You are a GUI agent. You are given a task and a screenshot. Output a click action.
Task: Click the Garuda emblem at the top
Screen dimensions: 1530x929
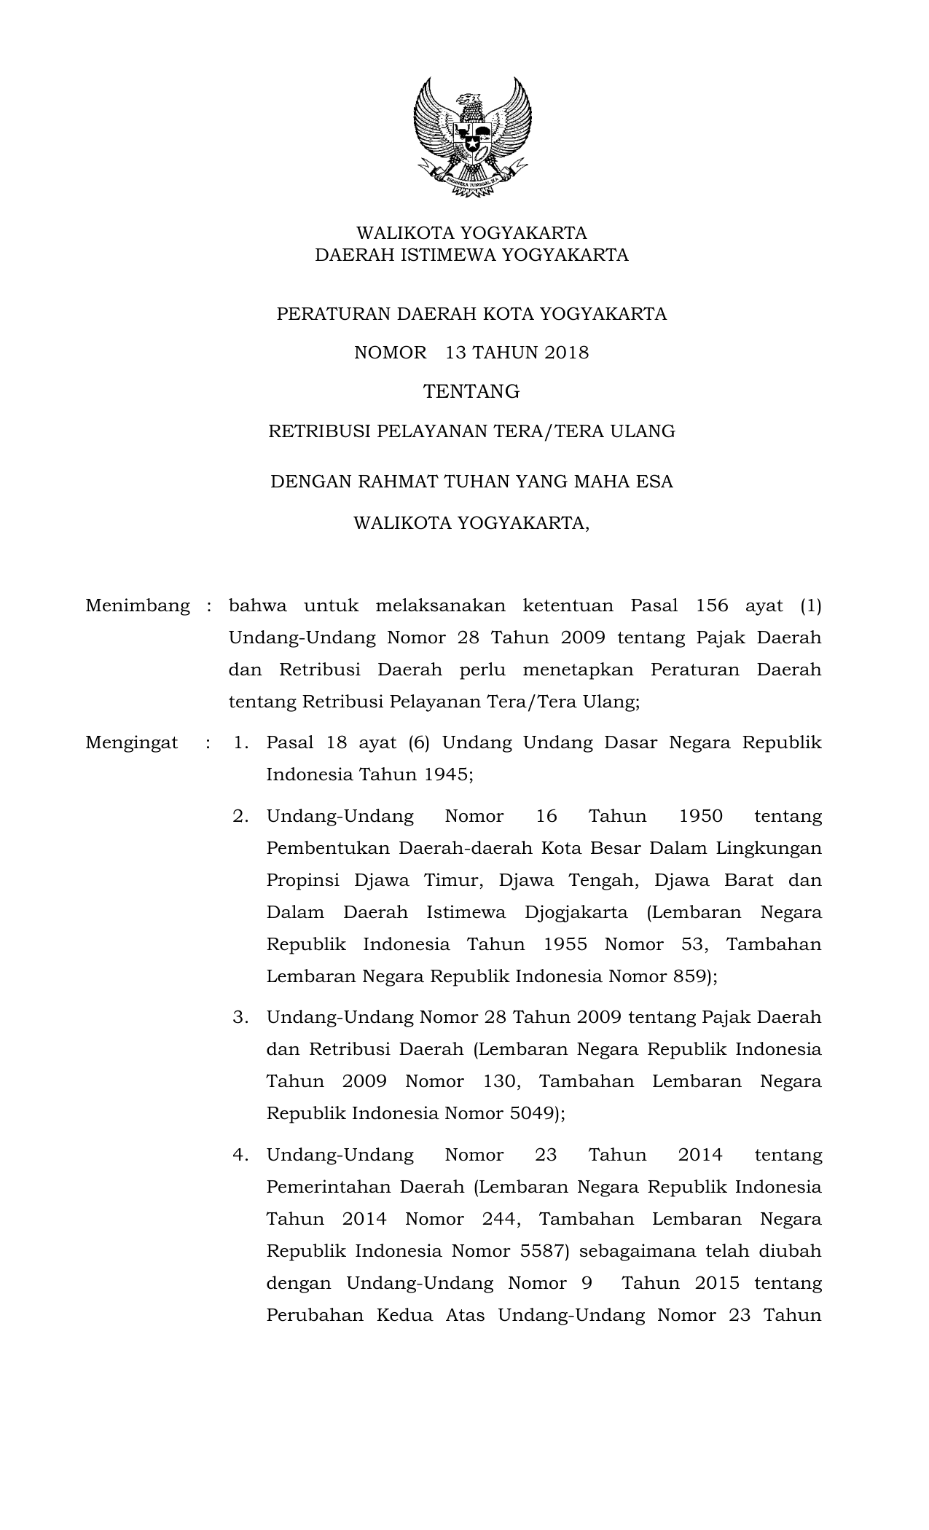(x=471, y=137)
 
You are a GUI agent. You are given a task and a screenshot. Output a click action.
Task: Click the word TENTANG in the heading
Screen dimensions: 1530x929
(x=471, y=392)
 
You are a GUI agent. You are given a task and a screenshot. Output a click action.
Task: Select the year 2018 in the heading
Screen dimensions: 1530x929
(x=566, y=353)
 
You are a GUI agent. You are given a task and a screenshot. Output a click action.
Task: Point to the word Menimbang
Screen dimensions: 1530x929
(x=137, y=605)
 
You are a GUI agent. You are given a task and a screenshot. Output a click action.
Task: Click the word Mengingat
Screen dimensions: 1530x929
(x=131, y=742)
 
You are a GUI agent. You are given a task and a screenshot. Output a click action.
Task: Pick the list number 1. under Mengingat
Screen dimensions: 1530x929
(x=241, y=742)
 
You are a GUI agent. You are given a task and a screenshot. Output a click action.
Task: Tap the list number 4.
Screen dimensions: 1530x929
(x=241, y=1155)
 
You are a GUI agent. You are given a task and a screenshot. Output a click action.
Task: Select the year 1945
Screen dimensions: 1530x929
(x=447, y=774)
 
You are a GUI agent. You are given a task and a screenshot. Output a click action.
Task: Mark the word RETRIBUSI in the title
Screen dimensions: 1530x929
(x=319, y=431)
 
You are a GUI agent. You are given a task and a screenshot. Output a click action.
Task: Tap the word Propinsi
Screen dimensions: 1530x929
(x=302, y=880)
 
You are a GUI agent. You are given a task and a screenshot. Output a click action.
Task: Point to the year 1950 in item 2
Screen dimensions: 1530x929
(x=700, y=816)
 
